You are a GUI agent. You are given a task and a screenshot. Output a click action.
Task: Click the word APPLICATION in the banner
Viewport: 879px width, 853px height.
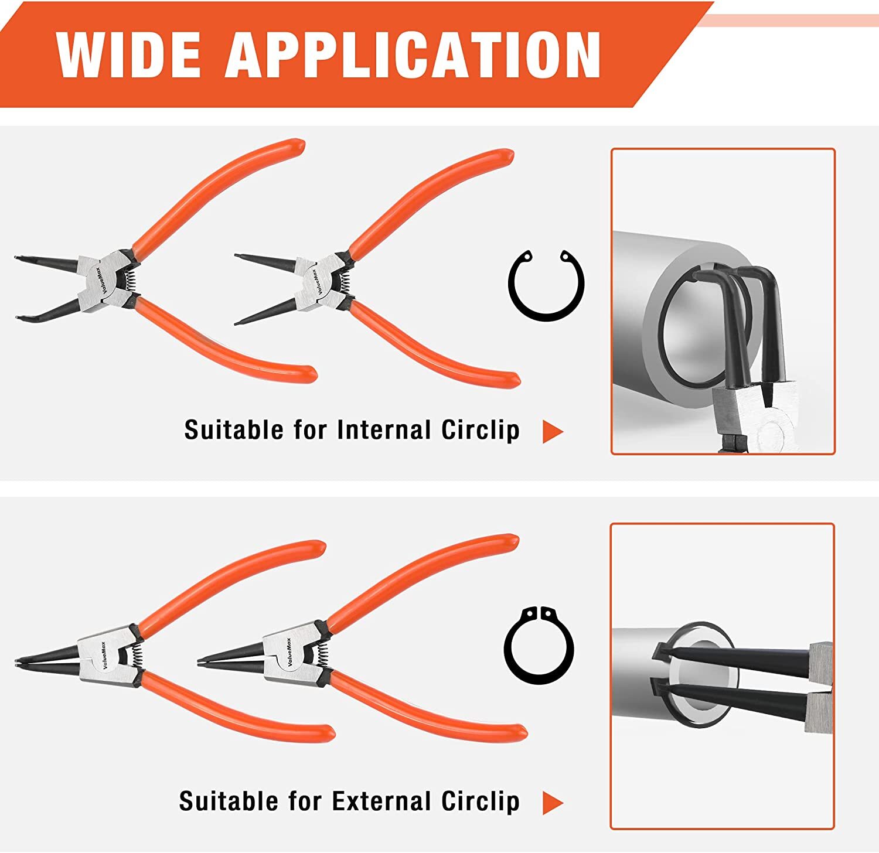click(x=413, y=54)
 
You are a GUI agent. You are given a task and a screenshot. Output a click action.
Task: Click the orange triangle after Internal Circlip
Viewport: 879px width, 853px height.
click(x=552, y=432)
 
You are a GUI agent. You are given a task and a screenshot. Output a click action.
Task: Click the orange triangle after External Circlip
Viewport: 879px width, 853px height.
click(x=552, y=803)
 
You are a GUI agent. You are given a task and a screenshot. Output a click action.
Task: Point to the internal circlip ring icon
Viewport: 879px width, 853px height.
click(x=546, y=285)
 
